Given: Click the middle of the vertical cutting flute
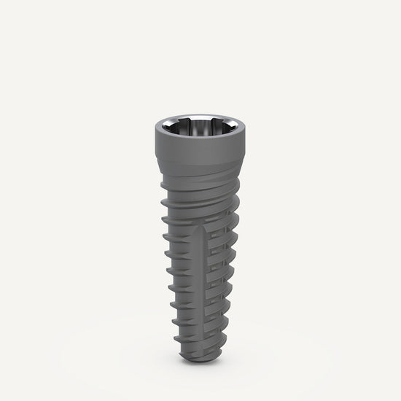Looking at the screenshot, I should [x=202, y=284].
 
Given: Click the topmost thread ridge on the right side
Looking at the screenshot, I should [x=232, y=195].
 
